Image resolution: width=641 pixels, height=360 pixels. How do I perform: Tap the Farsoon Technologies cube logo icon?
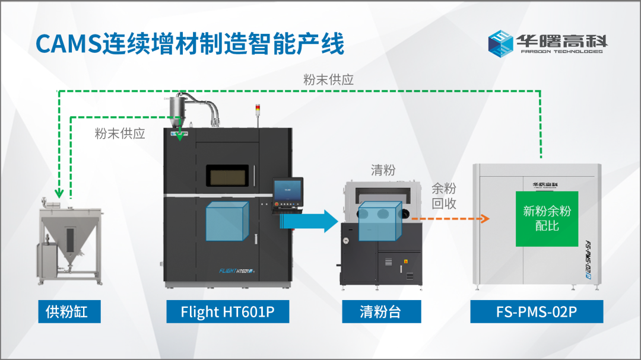point(500,43)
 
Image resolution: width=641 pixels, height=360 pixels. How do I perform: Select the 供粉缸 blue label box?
point(66,311)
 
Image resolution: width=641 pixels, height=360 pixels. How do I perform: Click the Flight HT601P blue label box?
point(227,311)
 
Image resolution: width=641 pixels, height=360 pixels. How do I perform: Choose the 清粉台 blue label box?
point(382,311)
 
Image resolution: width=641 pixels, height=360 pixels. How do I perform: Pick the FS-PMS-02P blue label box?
point(537,311)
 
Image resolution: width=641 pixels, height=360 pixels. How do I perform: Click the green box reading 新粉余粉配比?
point(547,218)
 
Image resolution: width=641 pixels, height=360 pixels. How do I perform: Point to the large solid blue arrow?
point(309,221)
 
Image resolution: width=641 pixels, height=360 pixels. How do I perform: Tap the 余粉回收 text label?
point(444,196)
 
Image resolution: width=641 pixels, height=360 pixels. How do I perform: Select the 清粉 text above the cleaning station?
point(383,171)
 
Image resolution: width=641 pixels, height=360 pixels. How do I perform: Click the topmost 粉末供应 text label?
point(328,79)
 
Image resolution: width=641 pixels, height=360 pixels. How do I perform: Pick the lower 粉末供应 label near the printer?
point(120,133)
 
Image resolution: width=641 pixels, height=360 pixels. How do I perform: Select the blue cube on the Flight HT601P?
point(226,221)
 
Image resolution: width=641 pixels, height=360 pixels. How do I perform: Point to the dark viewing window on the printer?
point(229,175)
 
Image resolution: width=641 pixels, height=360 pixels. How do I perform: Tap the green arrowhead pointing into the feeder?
point(59,193)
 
